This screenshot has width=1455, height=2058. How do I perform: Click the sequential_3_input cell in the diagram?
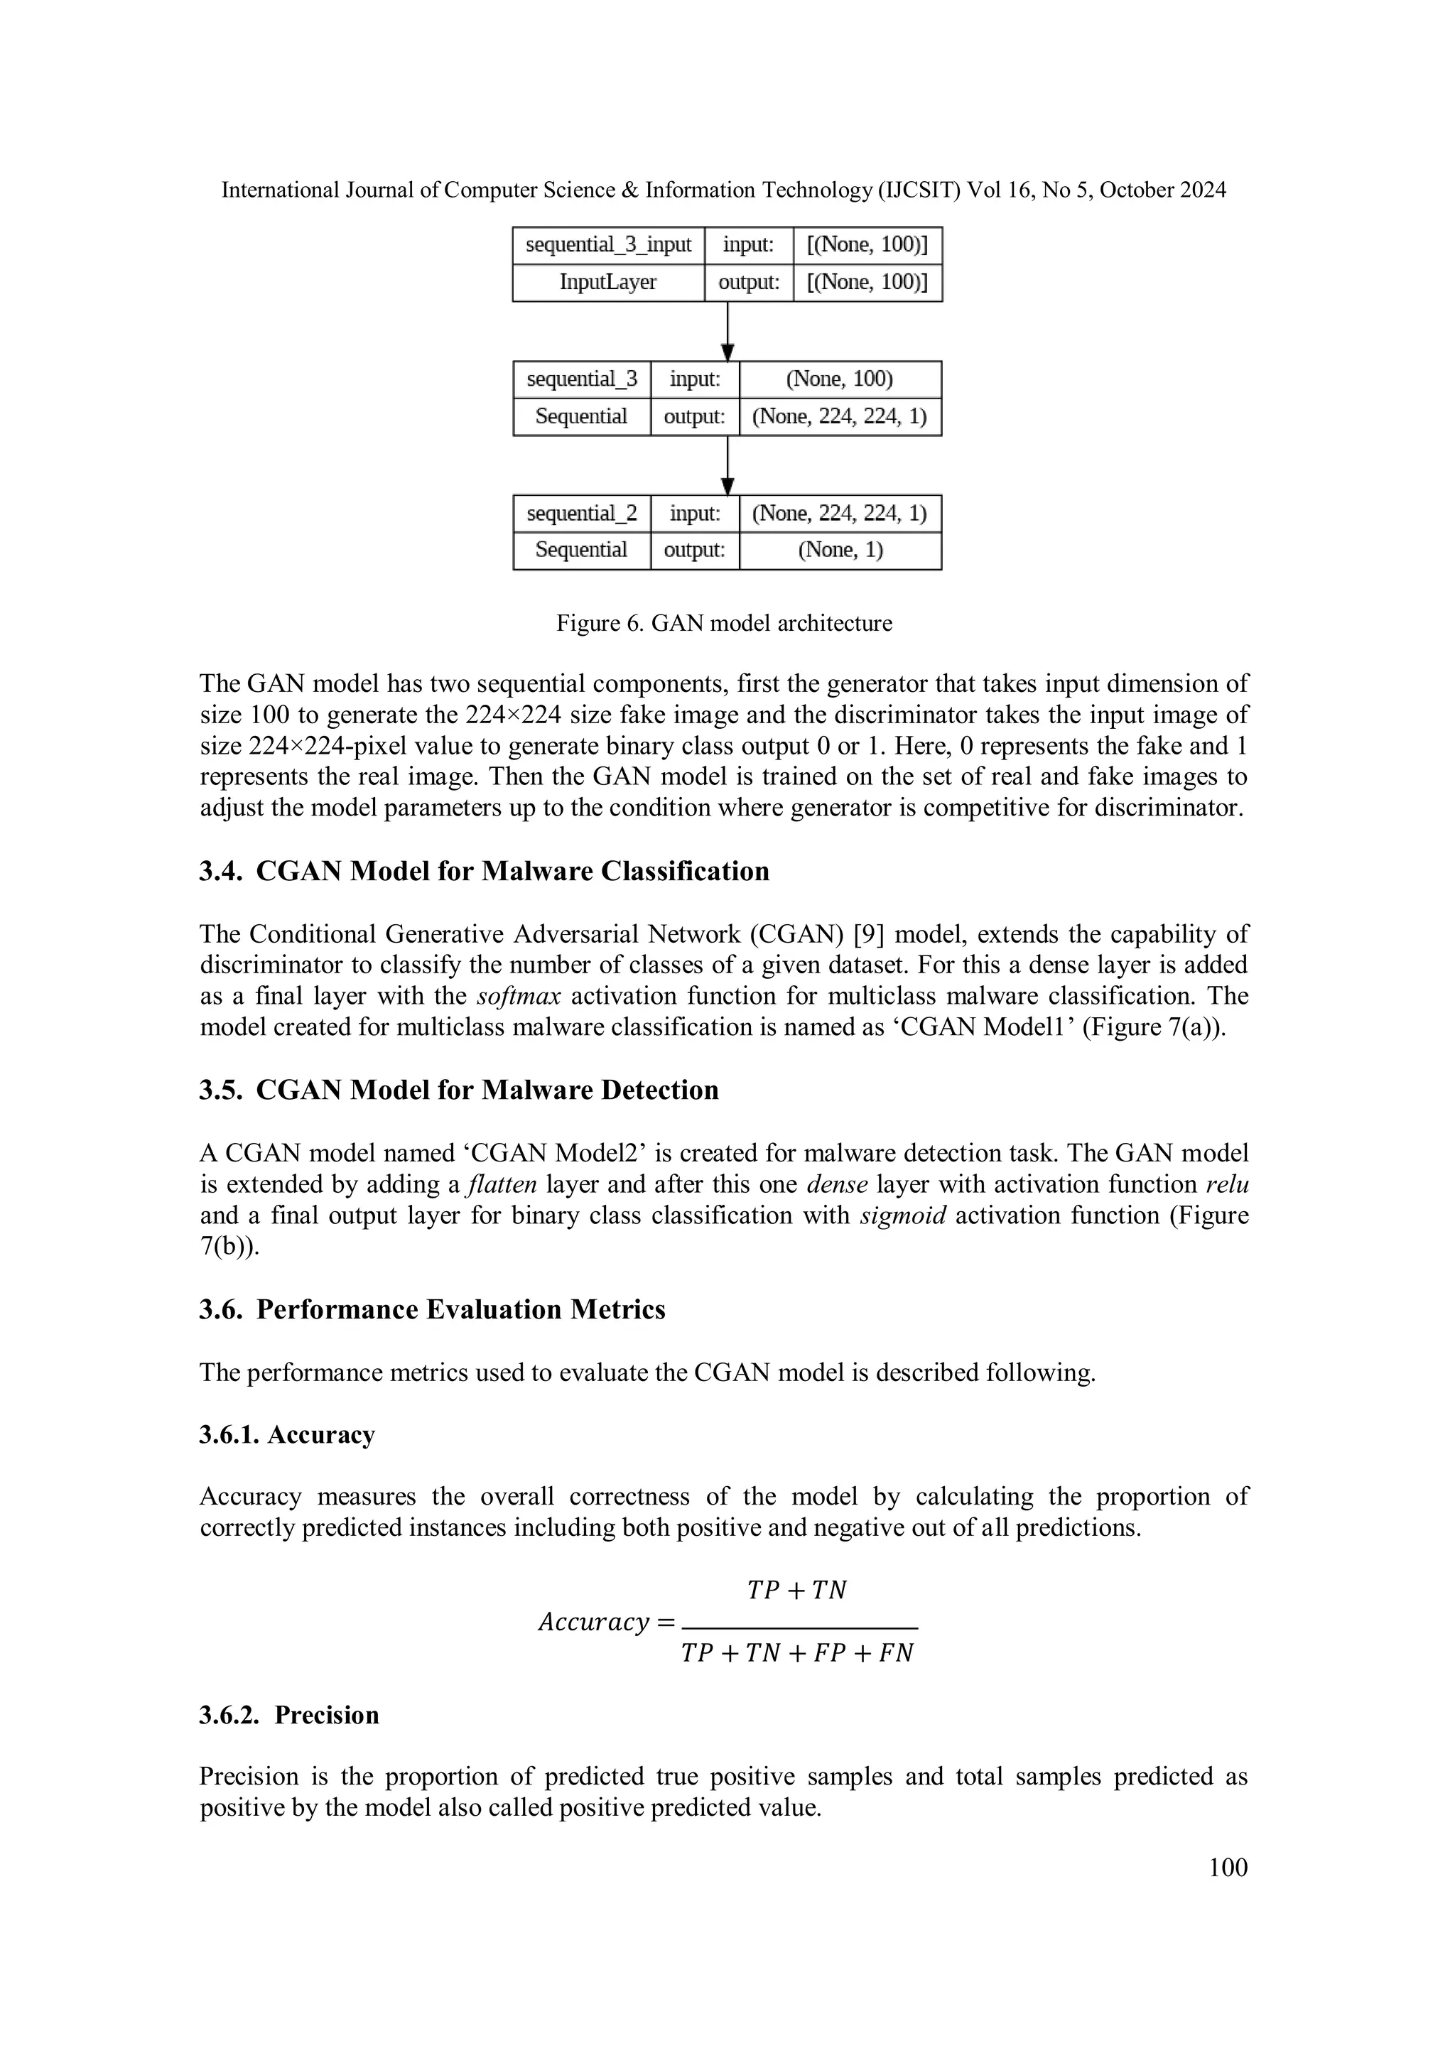pyautogui.click(x=608, y=244)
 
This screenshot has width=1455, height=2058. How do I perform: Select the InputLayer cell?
pyautogui.click(x=608, y=282)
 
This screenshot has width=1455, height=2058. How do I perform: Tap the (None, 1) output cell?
pyautogui.click(x=840, y=551)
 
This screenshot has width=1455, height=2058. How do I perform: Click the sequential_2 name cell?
pyautogui.click(x=581, y=514)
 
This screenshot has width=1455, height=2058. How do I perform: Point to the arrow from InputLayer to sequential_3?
pyautogui.click(x=728, y=331)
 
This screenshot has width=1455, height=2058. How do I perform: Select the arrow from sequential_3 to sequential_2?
pyautogui.click(x=728, y=465)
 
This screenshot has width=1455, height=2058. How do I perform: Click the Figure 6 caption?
pyautogui.click(x=725, y=623)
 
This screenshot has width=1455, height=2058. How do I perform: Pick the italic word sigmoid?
pyautogui.click(x=902, y=1215)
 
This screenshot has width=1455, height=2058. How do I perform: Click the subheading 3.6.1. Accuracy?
pyautogui.click(x=287, y=1435)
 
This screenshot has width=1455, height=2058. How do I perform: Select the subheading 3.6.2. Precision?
pyautogui.click(x=288, y=1715)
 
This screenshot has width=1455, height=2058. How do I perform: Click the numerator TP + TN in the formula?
pyautogui.click(x=797, y=1590)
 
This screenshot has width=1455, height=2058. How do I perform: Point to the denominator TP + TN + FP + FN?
pyautogui.click(x=797, y=1653)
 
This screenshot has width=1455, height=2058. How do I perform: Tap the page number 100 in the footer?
pyautogui.click(x=1227, y=1867)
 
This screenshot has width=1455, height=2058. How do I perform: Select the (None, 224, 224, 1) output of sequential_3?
pyautogui.click(x=839, y=417)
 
